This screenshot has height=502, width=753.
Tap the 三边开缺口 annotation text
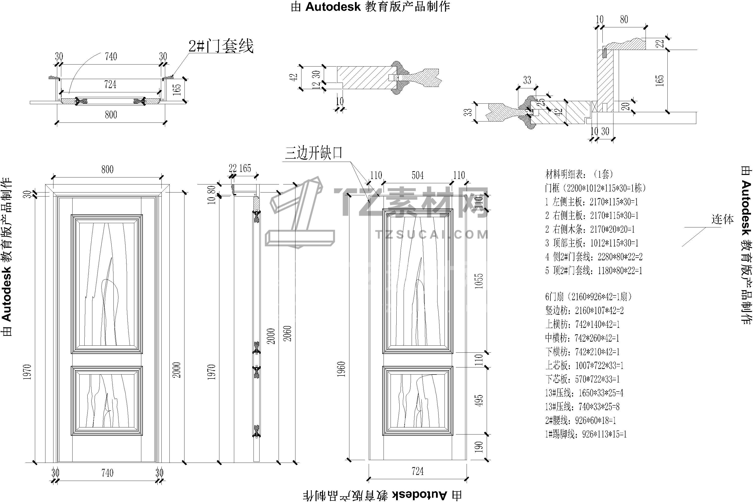coord(314,153)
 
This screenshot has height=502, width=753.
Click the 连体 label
coord(723,220)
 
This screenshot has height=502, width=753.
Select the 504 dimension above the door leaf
coord(417,175)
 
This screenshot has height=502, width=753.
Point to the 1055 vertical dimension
coord(479,281)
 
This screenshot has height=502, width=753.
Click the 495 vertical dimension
coord(479,401)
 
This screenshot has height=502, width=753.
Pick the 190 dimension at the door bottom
coord(479,447)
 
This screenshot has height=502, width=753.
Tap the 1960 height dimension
coord(341,369)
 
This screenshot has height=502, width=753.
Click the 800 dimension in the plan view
coord(111,115)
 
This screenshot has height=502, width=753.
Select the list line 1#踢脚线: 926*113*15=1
coord(586,434)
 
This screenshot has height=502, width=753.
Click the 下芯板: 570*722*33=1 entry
coord(582,379)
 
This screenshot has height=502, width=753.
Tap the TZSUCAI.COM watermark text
coord(432,235)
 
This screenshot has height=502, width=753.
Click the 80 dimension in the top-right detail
coord(624,20)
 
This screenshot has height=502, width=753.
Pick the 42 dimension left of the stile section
coord(294,77)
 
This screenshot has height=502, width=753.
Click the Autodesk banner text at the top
coord(370,7)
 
